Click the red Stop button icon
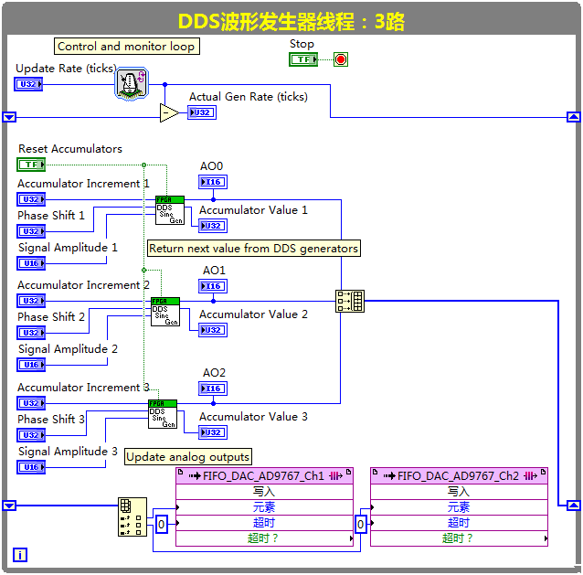click(341, 60)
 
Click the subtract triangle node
click(169, 112)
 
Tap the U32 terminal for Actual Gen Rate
click(202, 113)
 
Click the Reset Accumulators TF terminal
click(31, 165)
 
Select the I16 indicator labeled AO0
click(213, 182)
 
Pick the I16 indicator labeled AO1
click(213, 286)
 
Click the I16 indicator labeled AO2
click(213, 389)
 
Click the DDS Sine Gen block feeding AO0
click(169, 209)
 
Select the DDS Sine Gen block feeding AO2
click(163, 414)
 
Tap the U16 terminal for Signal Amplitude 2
click(30, 365)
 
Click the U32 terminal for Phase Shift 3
click(30, 435)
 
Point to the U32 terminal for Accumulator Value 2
click(213, 330)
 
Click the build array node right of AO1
click(349, 301)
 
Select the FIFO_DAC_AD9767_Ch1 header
click(264, 476)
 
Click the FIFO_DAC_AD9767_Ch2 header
click(459, 476)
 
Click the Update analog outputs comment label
click(188, 457)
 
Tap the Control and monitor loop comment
click(125, 46)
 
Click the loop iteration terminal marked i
click(20, 554)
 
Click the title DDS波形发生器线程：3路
click(291, 19)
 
